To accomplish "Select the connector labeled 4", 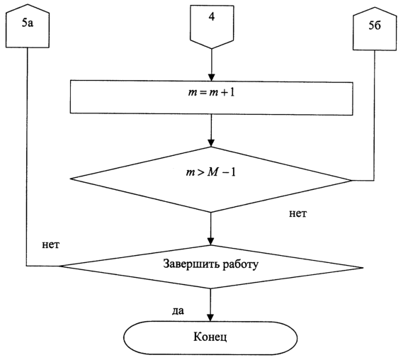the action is click(x=212, y=26).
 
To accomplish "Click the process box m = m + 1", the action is click(x=211, y=98).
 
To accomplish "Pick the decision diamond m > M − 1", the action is click(x=211, y=179).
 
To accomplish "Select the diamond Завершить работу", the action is click(x=211, y=267).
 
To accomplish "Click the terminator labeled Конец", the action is click(x=210, y=337).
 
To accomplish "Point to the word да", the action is click(x=178, y=311).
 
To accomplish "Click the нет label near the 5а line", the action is click(x=50, y=244).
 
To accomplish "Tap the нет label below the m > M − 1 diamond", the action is click(x=298, y=213).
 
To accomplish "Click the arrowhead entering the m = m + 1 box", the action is click(x=211, y=77).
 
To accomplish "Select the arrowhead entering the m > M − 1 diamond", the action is click(x=211, y=143).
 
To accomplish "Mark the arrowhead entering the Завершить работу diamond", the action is click(x=211, y=242).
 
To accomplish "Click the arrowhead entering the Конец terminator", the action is click(x=210, y=317).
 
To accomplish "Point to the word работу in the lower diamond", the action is click(x=240, y=265).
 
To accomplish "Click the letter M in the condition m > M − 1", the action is click(x=212, y=172).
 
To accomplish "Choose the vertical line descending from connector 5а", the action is click(x=27, y=157).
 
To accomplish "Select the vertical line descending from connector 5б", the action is click(x=374, y=116).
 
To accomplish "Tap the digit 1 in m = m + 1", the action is click(x=232, y=92).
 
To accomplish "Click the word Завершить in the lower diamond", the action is click(x=191, y=264).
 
